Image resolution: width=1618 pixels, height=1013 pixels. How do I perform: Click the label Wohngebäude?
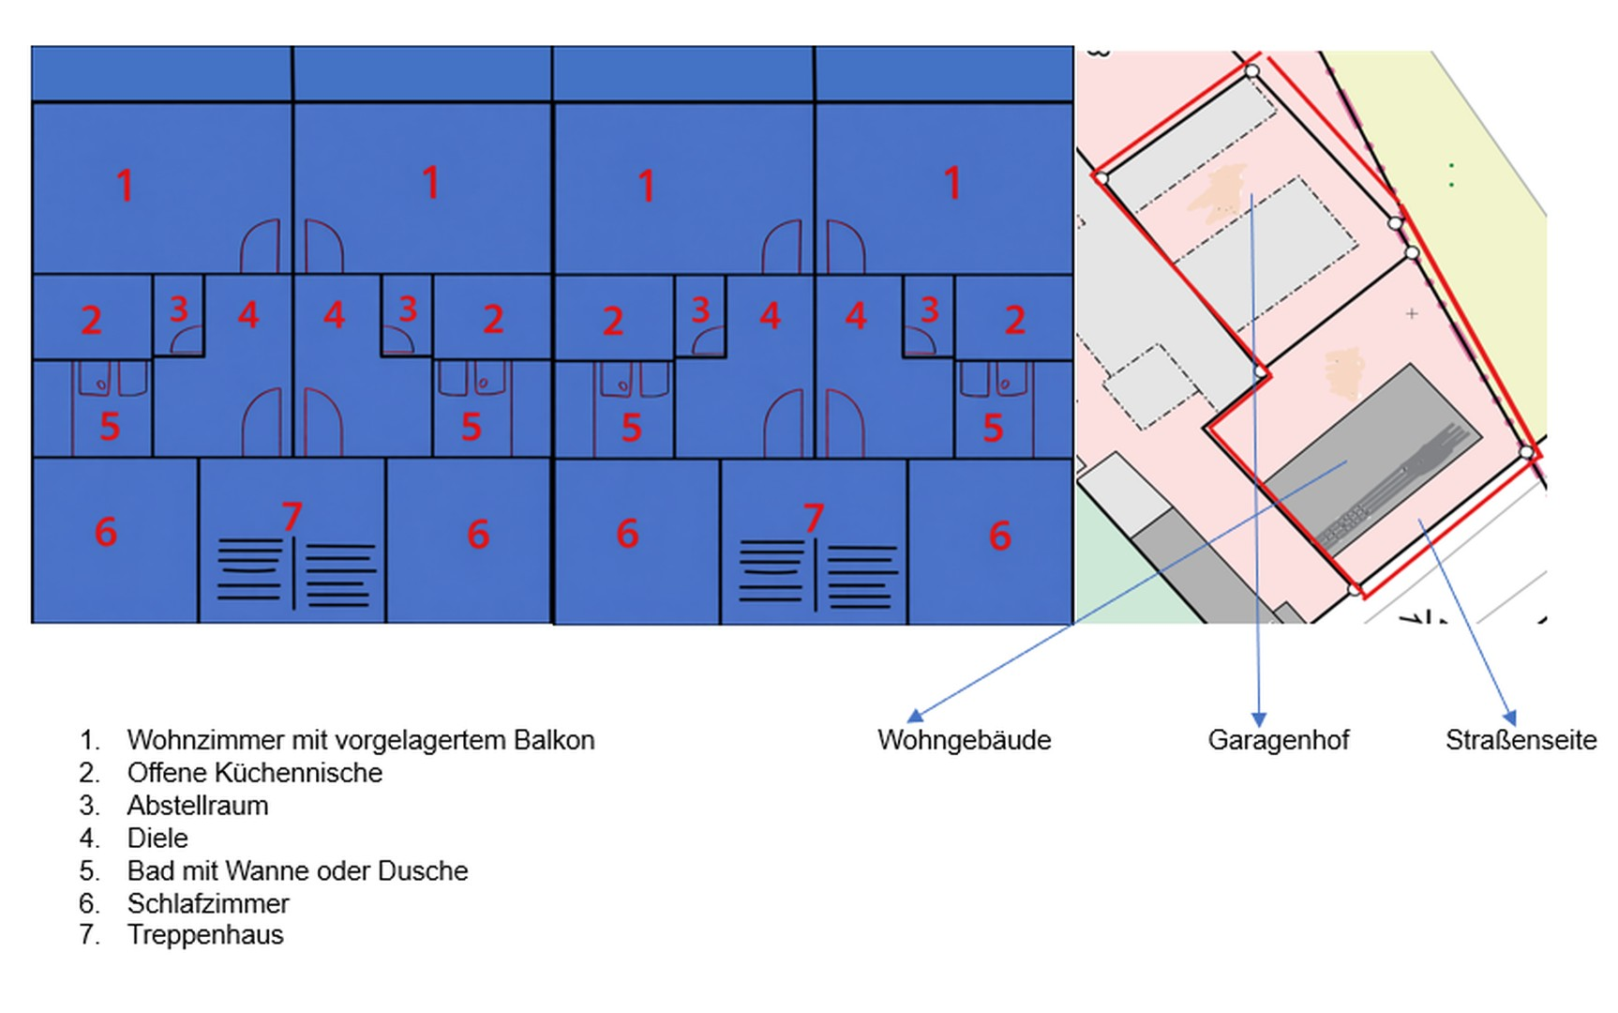click(x=964, y=740)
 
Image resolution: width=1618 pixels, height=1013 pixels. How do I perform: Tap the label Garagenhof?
click(x=1278, y=740)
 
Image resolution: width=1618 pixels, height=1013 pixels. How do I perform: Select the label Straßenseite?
click(x=1521, y=740)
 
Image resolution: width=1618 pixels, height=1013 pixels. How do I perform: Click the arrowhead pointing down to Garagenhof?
click(x=1259, y=719)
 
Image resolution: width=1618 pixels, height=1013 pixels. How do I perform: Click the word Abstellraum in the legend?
click(x=198, y=806)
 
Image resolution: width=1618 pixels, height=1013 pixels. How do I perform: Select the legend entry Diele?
click(x=157, y=838)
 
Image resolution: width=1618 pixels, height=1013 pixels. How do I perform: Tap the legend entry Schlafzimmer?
click(x=208, y=903)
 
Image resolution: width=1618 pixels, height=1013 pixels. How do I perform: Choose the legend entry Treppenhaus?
click(x=205, y=935)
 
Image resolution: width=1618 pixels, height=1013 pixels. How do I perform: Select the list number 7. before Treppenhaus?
click(x=89, y=935)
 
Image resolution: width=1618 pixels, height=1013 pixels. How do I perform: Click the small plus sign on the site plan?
click(x=1412, y=313)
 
